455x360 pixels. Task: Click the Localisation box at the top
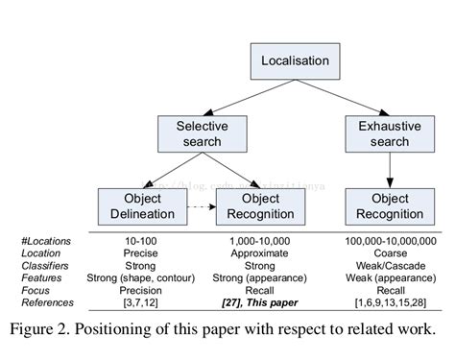[295, 60]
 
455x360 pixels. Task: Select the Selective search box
[202, 133]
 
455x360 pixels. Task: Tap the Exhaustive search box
[389, 133]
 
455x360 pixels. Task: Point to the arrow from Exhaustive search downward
[389, 170]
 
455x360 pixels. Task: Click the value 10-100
[136, 240]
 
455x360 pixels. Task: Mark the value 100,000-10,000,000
[389, 240]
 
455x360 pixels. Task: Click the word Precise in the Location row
[136, 252]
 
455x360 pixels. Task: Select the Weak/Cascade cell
[389, 265]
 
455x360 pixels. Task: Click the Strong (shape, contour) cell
[136, 277]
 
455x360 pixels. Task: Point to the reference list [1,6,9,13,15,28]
[389, 302]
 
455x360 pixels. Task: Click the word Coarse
[389, 252]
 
